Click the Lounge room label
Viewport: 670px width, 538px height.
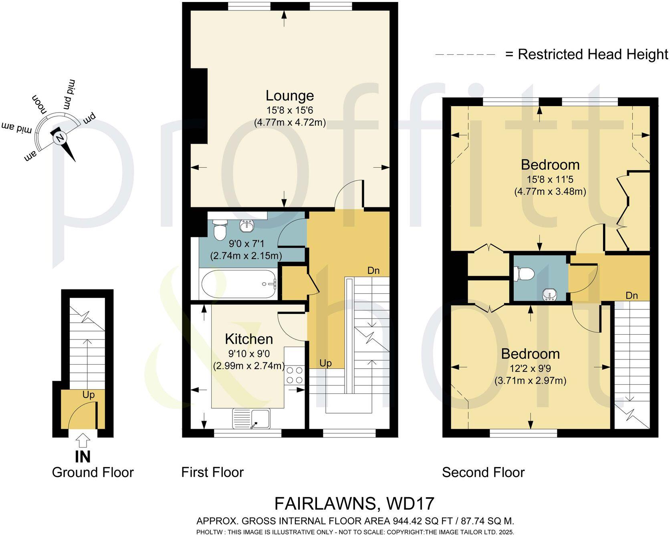click(x=290, y=96)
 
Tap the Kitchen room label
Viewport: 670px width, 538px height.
click(x=249, y=339)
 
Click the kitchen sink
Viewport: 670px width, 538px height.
click(x=252, y=419)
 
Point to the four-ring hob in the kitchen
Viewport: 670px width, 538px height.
click(x=294, y=375)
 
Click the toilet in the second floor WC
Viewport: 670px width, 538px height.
click(x=524, y=274)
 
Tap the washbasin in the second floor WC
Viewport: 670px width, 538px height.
click(x=549, y=295)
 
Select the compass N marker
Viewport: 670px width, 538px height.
click(x=60, y=139)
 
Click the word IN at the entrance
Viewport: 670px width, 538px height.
click(x=83, y=457)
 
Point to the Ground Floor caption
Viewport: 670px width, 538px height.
click(x=93, y=472)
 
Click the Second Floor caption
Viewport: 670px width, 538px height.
click(x=483, y=472)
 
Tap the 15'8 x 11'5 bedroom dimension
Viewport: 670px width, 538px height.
click(x=550, y=180)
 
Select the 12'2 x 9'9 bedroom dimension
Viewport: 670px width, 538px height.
click(x=530, y=368)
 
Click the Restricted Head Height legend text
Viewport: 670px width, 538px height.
click(x=593, y=54)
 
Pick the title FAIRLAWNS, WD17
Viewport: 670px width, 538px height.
click(x=354, y=504)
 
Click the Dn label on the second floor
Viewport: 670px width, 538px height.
click(x=632, y=296)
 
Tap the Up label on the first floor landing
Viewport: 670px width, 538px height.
click(x=325, y=363)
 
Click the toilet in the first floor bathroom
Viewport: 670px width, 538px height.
click(x=220, y=230)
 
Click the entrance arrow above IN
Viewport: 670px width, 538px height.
click(x=83, y=441)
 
